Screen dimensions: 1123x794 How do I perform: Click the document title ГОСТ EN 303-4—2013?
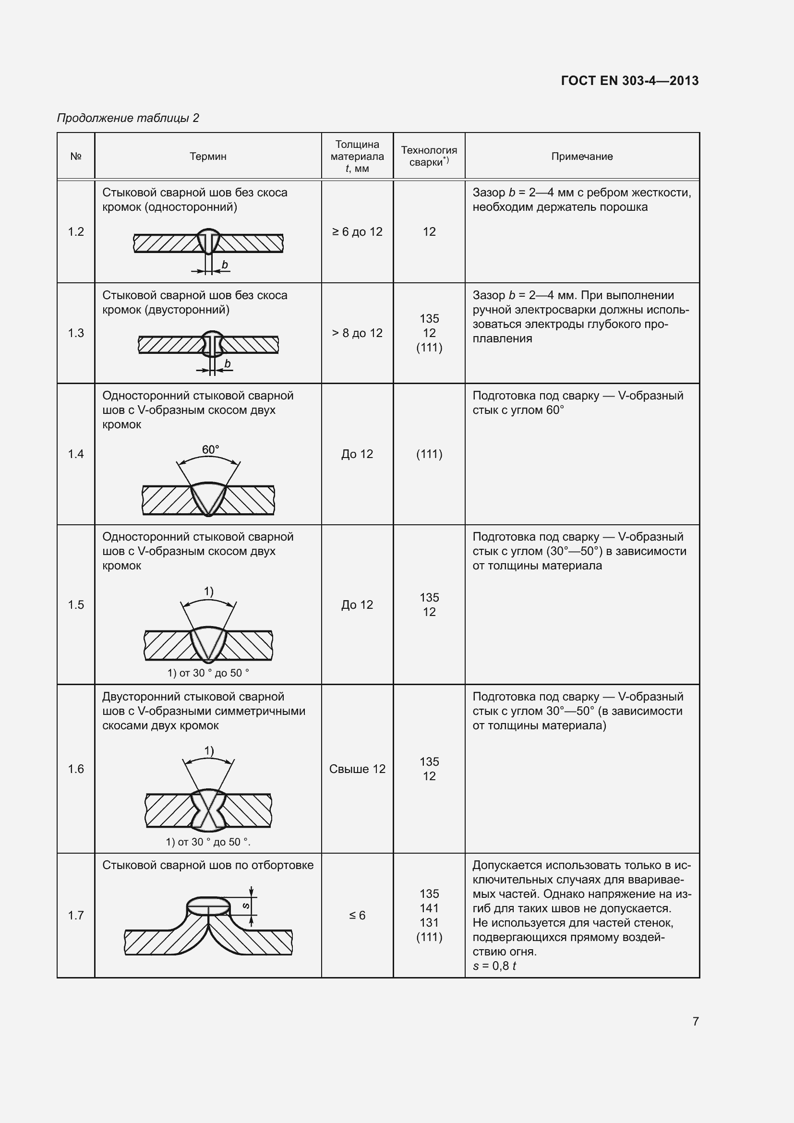pyautogui.click(x=630, y=81)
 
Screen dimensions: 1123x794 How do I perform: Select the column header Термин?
pyautogui.click(x=208, y=157)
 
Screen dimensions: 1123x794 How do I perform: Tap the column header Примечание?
pyautogui.click(x=582, y=157)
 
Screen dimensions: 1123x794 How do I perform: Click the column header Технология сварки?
pyautogui.click(x=429, y=156)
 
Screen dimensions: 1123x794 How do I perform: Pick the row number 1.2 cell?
pyautogui.click(x=76, y=231)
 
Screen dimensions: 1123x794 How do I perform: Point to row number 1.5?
pyautogui.click(x=76, y=604)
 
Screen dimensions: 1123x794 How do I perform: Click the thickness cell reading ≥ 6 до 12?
pyautogui.click(x=357, y=232)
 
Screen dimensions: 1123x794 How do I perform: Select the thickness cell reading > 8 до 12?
pyautogui.click(x=357, y=333)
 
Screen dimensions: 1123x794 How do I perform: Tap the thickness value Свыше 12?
pyautogui.click(x=357, y=769)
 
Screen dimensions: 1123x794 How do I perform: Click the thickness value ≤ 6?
pyautogui.click(x=357, y=915)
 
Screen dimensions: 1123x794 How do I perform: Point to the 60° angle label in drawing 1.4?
pyautogui.click(x=211, y=449)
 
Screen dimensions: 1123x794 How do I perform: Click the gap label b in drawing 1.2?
pyautogui.click(x=224, y=265)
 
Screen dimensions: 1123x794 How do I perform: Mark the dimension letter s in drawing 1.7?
pyautogui.click(x=246, y=906)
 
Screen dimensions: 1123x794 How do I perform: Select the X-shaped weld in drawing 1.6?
pyautogui.click(x=208, y=810)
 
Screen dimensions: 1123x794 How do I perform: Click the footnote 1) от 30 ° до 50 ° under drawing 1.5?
pyautogui.click(x=208, y=673)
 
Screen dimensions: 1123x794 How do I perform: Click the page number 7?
pyautogui.click(x=695, y=1021)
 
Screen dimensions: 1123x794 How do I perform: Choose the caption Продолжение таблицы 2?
pyautogui.click(x=128, y=118)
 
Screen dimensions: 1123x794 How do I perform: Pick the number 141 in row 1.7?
pyautogui.click(x=429, y=908)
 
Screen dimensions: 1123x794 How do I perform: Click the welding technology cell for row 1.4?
pyautogui.click(x=429, y=454)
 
